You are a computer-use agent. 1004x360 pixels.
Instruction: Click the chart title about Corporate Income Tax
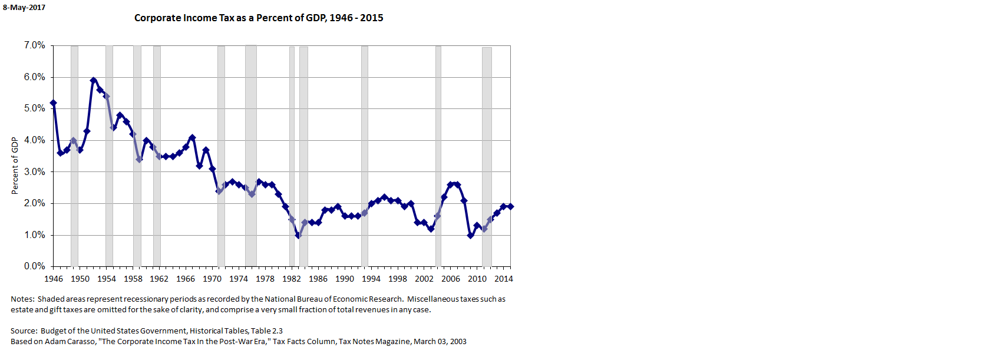(x=259, y=18)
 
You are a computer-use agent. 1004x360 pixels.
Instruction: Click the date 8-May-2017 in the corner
(x=24, y=8)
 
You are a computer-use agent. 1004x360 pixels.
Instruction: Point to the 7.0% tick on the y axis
(x=34, y=45)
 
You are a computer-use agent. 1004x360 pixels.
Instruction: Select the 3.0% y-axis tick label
(x=34, y=172)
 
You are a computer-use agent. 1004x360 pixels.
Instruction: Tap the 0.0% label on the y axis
(x=34, y=266)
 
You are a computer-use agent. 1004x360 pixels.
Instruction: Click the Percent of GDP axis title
(x=15, y=166)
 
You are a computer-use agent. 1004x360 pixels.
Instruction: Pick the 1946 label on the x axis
(x=54, y=279)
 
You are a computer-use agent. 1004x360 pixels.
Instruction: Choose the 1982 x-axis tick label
(x=292, y=279)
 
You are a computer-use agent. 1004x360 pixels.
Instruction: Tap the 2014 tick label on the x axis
(x=503, y=279)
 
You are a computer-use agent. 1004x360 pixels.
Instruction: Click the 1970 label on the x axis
(x=212, y=279)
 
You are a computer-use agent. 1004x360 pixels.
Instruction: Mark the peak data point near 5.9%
(x=93, y=80)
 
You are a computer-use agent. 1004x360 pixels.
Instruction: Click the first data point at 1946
(x=54, y=103)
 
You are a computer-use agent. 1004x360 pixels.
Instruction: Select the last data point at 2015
(x=510, y=206)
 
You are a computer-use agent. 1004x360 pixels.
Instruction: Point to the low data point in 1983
(x=298, y=235)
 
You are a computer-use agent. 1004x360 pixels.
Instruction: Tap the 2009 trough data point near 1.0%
(x=470, y=235)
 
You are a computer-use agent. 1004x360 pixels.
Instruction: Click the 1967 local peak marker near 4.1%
(x=192, y=137)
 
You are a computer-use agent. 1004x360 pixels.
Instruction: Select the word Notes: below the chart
(x=22, y=299)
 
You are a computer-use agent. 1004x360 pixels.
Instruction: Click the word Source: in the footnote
(x=24, y=331)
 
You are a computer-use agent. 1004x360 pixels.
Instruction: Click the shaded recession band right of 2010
(x=487, y=156)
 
